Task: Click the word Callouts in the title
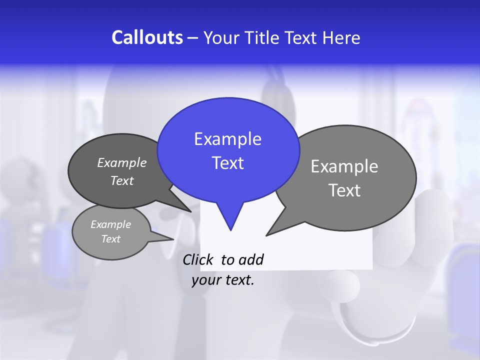pyautogui.click(x=147, y=37)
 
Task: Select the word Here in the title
pyautogui.click(x=341, y=38)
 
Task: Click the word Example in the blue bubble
pyautogui.click(x=227, y=139)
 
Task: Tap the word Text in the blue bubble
pyautogui.click(x=228, y=163)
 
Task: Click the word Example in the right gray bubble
pyautogui.click(x=344, y=166)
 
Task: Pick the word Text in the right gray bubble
pyautogui.click(x=344, y=190)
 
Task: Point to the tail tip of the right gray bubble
pyautogui.click(x=267, y=234)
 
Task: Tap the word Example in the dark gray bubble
pyautogui.click(x=122, y=163)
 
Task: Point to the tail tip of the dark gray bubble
pyautogui.click(x=190, y=211)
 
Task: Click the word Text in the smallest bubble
pyautogui.click(x=110, y=239)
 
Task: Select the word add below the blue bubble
pyautogui.click(x=251, y=260)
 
